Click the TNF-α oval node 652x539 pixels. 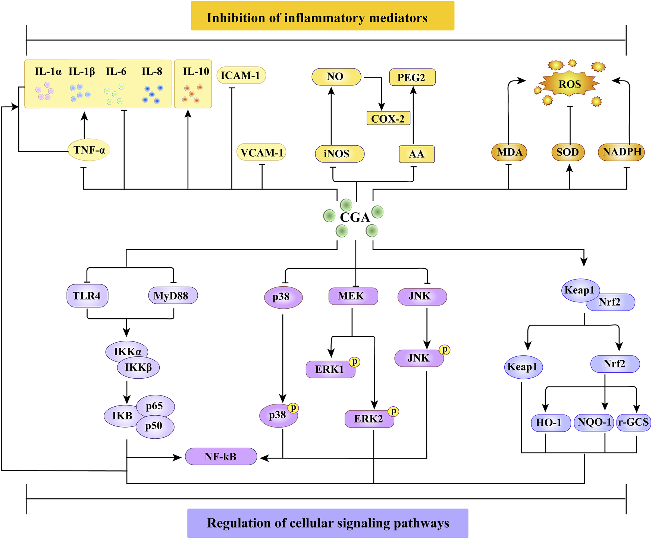coord(89,150)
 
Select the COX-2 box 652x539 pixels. coord(388,119)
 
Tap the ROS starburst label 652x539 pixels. coord(570,84)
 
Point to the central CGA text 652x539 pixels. coord(354,217)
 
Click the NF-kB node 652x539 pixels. coord(221,457)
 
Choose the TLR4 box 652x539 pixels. coord(87,296)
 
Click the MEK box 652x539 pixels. coord(352,296)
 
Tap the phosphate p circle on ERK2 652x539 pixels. coord(394,411)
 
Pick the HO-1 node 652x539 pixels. coord(550,423)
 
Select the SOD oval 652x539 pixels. coord(568,152)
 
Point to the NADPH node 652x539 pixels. coord(621,152)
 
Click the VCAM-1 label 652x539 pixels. coord(261,153)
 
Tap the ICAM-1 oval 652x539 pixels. coord(241,76)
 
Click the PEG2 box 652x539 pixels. coord(412,78)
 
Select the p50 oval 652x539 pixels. coord(154,426)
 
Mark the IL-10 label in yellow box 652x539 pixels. coord(196,72)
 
